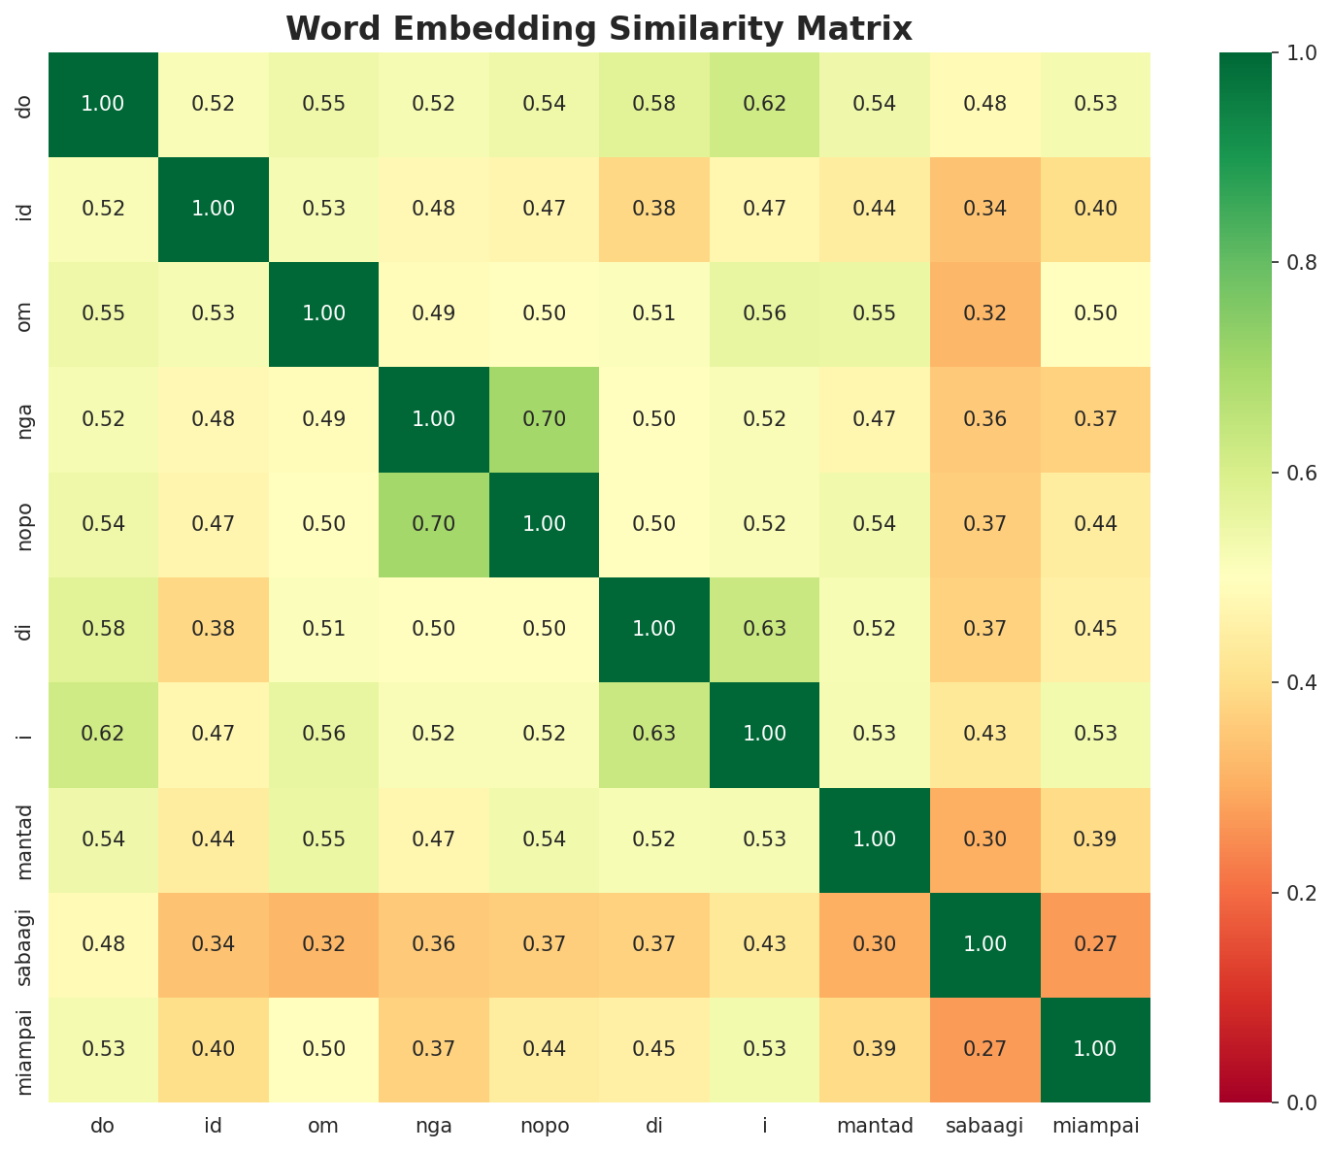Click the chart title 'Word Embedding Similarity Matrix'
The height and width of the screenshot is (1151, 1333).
tap(599, 29)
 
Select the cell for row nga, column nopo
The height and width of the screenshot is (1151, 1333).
tap(545, 419)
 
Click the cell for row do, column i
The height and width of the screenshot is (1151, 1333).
tap(765, 104)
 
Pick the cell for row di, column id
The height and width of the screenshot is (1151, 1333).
tap(214, 629)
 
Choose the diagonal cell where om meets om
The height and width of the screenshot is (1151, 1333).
tap(324, 313)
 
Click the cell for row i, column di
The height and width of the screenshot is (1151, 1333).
tap(654, 734)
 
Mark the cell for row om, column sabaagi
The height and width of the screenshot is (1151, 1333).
tap(984, 313)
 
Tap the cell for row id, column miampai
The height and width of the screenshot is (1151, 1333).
tap(1095, 209)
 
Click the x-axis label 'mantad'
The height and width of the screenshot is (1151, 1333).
tap(875, 1127)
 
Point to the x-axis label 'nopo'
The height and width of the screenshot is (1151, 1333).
tap(545, 1127)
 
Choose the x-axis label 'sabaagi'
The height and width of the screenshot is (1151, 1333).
tap(984, 1127)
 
